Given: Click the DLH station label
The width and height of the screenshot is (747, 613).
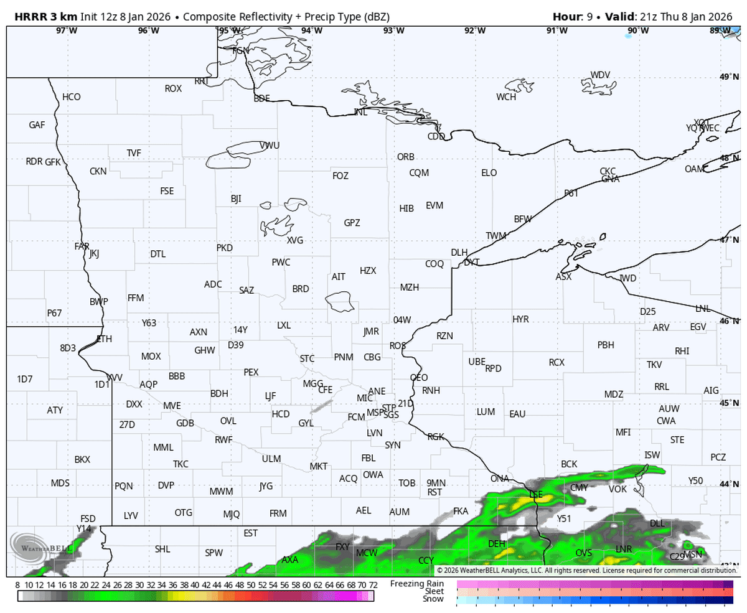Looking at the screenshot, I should tap(459, 252).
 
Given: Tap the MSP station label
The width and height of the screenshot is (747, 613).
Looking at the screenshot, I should tap(375, 413).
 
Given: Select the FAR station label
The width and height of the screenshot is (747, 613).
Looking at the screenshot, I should tap(82, 246).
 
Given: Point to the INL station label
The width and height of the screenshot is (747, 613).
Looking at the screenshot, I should tap(360, 112).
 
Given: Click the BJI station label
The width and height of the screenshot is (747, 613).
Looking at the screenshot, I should tap(236, 199).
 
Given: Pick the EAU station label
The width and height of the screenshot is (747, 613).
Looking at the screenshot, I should tap(517, 414).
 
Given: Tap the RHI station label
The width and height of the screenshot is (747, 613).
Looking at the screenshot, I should tap(682, 351).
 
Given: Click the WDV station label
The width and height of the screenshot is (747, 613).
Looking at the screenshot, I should tap(600, 75).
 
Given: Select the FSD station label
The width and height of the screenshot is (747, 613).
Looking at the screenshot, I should tap(88, 518).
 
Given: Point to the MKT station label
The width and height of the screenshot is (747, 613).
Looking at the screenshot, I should tap(319, 466).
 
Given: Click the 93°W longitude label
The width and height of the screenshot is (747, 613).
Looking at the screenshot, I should tap(393, 30).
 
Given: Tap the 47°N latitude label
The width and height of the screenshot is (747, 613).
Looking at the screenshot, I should tap(729, 240).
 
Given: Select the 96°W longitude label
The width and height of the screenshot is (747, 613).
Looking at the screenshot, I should tap(149, 30).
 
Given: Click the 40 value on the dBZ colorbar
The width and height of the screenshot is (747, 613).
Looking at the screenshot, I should tap(195, 585).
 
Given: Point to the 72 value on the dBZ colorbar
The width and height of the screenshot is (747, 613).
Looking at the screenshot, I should tap(373, 585).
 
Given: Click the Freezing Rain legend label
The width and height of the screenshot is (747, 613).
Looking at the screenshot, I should tap(418, 583).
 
